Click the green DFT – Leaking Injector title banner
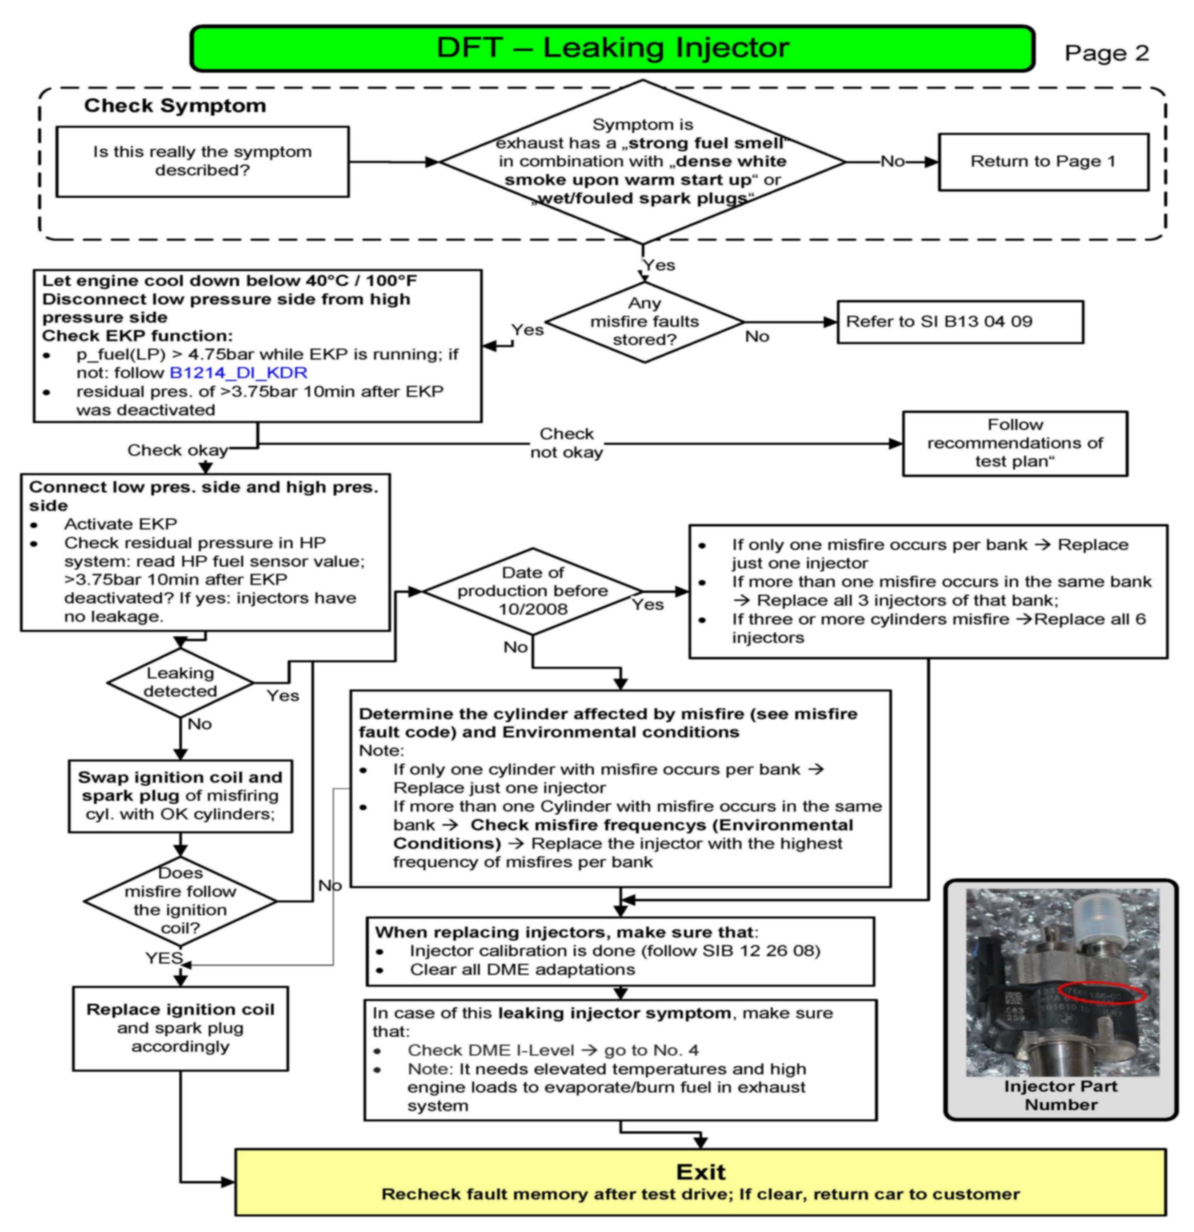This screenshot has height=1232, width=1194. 613,49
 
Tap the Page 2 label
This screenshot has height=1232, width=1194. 1106,53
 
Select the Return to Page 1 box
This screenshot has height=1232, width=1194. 1043,161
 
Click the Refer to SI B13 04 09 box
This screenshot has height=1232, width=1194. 960,322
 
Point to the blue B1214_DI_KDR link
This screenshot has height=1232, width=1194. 239,373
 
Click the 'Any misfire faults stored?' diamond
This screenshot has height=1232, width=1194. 645,322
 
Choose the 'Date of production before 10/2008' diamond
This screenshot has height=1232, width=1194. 533,591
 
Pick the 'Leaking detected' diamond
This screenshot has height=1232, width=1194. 180,682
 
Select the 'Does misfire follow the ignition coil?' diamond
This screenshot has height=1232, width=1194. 180,901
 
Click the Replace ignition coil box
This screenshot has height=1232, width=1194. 180,1028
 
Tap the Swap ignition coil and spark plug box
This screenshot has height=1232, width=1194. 180,796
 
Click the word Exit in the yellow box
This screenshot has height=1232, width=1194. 700,1172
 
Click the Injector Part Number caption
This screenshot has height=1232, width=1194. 1061,1095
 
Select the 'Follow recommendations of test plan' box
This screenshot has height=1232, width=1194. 1015,443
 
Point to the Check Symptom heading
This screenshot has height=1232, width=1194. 175,106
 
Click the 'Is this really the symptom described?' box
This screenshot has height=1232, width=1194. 203,161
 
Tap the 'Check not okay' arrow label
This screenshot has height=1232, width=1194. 566,443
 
